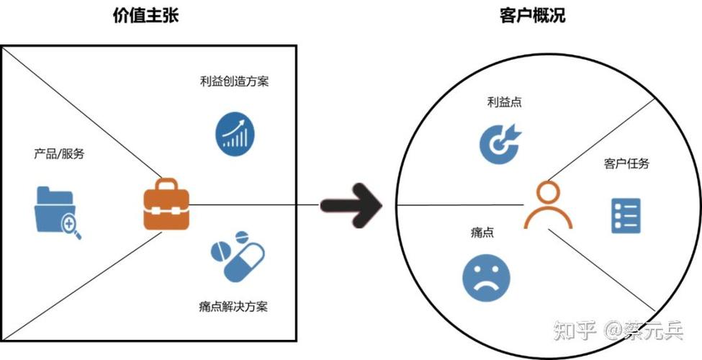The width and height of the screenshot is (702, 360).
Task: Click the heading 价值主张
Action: (146, 15)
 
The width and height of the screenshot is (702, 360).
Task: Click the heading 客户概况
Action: (532, 15)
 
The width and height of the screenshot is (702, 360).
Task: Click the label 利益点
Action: (504, 102)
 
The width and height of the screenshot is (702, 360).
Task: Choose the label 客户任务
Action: (626, 163)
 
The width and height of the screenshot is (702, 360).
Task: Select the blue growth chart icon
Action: (235, 131)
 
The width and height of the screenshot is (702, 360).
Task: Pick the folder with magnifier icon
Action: (57, 211)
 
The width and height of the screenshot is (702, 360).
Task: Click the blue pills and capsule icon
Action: (238, 256)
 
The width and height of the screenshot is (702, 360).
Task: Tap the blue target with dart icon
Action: (500, 142)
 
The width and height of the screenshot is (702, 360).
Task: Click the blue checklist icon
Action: (626, 215)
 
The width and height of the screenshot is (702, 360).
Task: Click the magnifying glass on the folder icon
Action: (71, 226)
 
